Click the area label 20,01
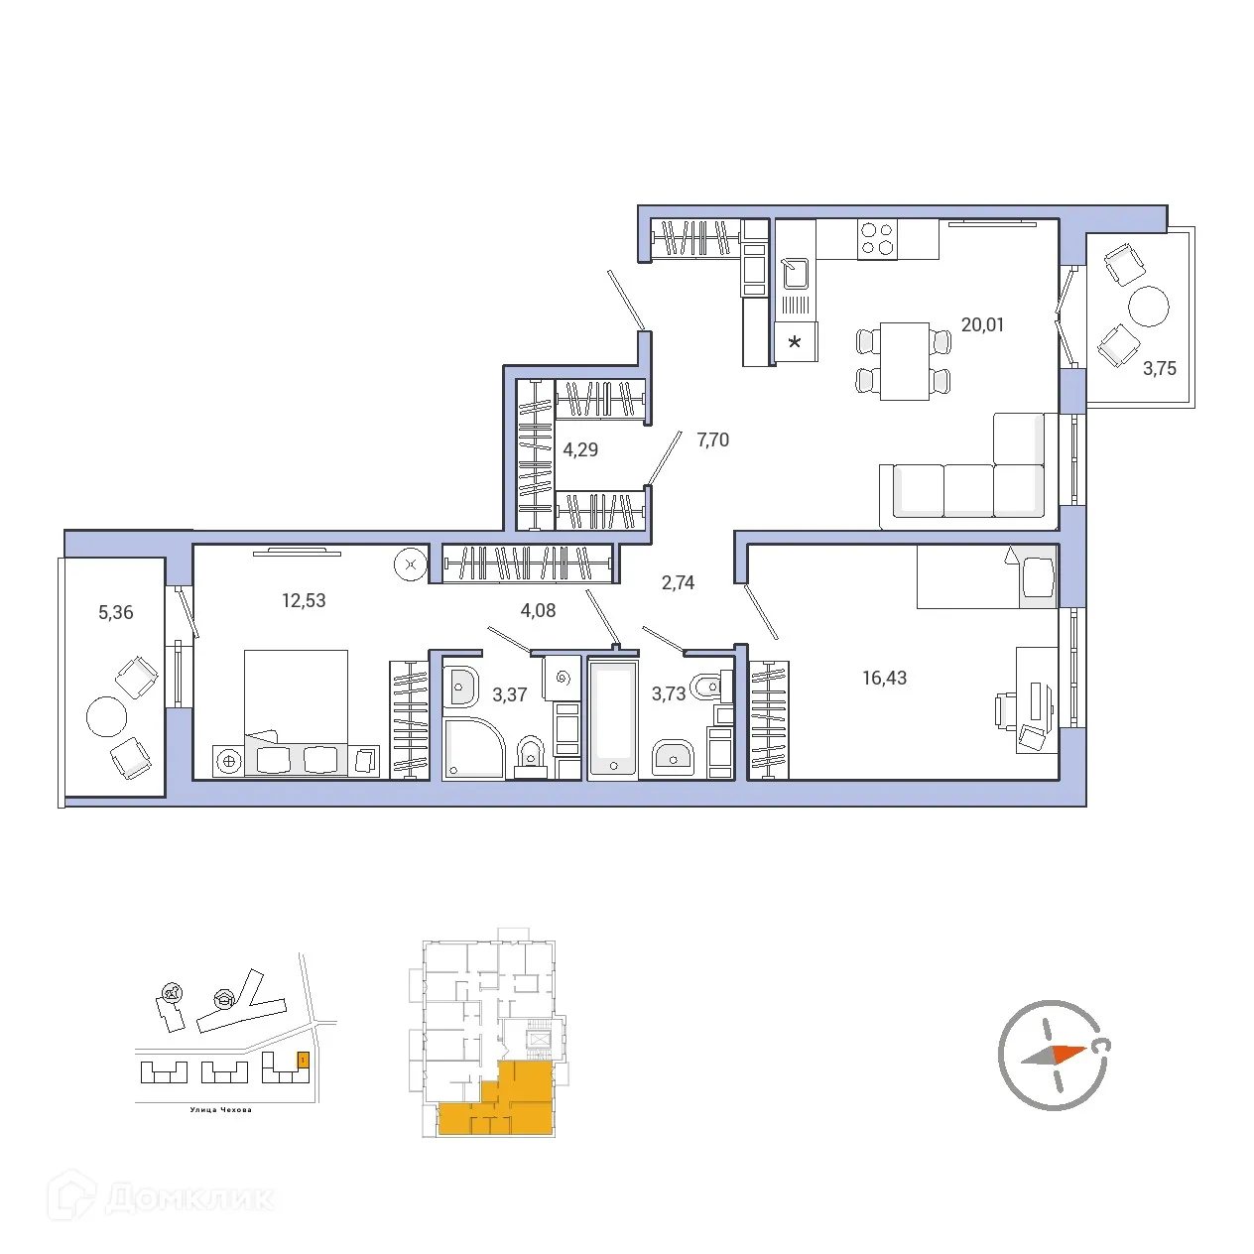click(982, 324)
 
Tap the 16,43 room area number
click(884, 678)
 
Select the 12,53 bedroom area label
click(304, 600)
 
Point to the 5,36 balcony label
click(115, 612)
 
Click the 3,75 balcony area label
click(1159, 368)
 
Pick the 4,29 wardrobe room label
click(580, 449)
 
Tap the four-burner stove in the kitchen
click(877, 238)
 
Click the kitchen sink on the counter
click(796, 272)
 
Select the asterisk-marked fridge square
click(795, 342)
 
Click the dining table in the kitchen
click(904, 360)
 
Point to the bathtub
click(613, 716)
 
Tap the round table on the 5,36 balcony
click(107, 716)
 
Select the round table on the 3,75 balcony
click(1149, 307)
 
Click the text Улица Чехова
click(220, 1110)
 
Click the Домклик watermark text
click(188, 1198)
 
